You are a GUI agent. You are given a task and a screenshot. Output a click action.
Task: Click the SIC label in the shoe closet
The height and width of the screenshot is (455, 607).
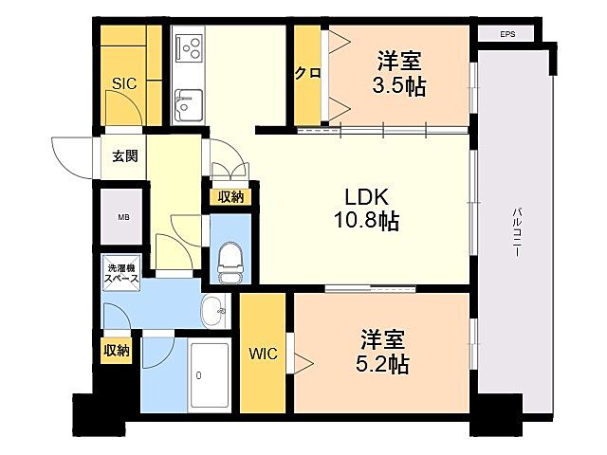point(124,83)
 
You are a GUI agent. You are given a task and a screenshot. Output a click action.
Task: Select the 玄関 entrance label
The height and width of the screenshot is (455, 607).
point(124,155)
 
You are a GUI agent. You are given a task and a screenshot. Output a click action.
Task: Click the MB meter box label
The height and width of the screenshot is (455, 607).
point(123,217)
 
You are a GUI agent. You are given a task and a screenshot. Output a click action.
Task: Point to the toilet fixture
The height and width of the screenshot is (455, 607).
point(230,258)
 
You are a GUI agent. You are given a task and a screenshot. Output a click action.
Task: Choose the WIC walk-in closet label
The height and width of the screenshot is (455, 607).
point(263,355)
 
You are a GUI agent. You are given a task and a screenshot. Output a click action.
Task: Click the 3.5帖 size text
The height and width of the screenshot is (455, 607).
point(399,87)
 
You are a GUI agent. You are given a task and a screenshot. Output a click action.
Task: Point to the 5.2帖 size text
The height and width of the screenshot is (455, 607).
point(384,364)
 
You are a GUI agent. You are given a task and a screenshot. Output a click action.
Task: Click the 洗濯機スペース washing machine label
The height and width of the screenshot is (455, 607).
point(123,273)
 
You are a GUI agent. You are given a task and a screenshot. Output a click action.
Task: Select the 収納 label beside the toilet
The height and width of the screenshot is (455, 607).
point(230,197)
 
